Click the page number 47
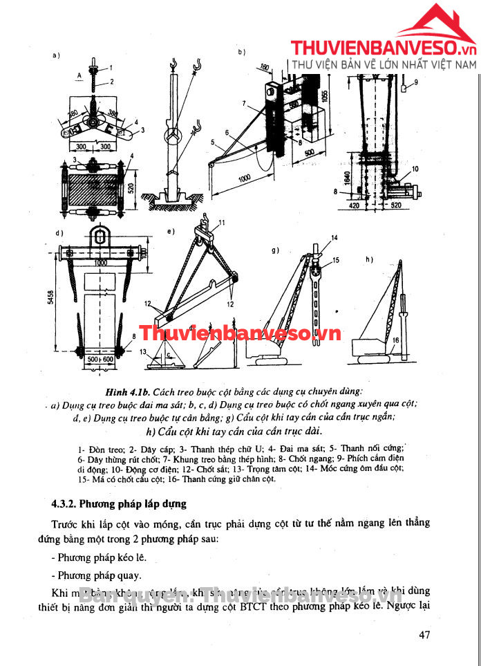(426, 636)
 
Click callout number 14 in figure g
(334, 238)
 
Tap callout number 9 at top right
(416, 82)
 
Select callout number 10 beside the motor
(415, 168)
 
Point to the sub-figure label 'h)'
(369, 259)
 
